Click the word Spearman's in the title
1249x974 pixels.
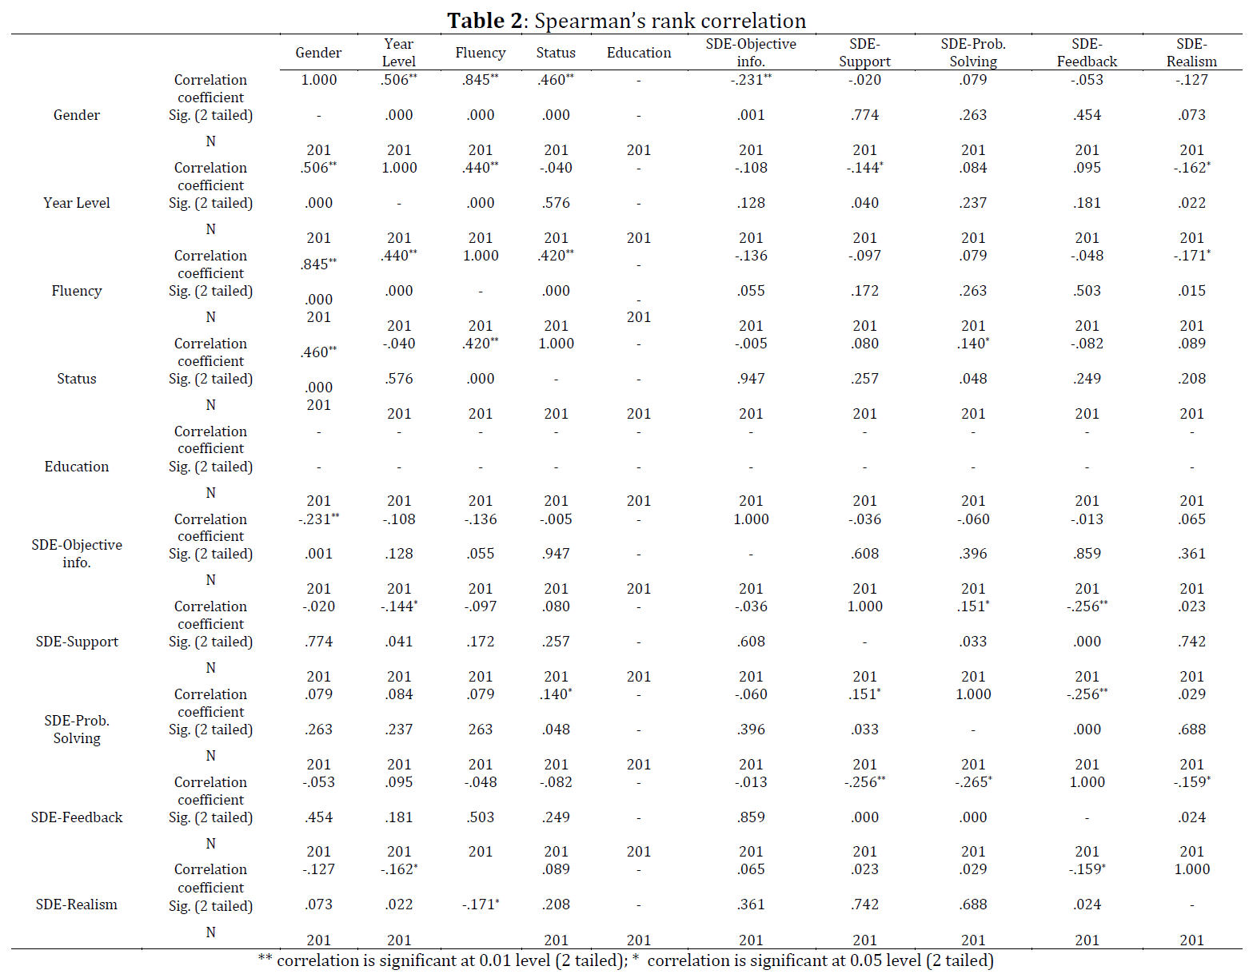[585, 22]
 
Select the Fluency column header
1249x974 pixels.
[480, 53]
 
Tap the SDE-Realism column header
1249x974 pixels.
[1191, 53]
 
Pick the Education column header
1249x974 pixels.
[639, 53]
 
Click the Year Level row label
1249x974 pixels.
[77, 203]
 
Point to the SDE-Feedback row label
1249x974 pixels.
[77, 817]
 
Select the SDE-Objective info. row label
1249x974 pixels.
[77, 554]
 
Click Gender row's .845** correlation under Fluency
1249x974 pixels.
[480, 79]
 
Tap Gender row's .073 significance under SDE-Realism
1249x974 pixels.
[1191, 115]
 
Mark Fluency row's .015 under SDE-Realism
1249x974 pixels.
[1191, 291]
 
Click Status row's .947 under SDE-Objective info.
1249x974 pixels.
[751, 379]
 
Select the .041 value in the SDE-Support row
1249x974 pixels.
[399, 642]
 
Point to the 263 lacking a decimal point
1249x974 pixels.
[480, 730]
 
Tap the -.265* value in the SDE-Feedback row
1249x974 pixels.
[973, 781]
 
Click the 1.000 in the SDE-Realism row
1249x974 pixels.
[1191, 869]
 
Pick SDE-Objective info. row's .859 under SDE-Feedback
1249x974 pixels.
[1087, 554]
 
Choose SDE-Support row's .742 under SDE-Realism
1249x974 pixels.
[1191, 642]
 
